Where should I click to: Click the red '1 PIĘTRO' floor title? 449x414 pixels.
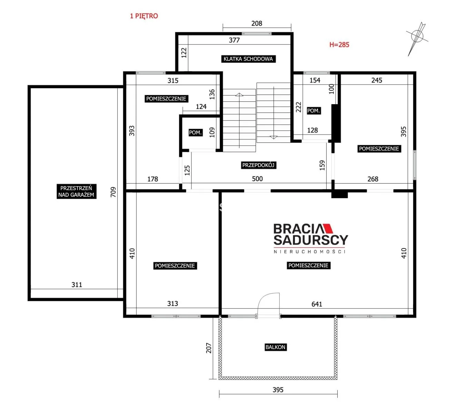[x=144, y=16]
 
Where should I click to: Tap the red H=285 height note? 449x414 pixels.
[x=339, y=45]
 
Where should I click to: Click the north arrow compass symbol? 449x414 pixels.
[x=417, y=39]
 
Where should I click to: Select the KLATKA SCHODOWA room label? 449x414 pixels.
[x=248, y=59]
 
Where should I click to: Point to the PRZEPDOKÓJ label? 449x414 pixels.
[x=258, y=165]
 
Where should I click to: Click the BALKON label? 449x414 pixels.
[x=275, y=347]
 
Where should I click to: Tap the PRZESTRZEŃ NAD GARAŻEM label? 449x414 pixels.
[x=76, y=191]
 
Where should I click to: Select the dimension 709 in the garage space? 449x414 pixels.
[x=113, y=192]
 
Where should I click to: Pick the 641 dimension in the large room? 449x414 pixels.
[x=317, y=304]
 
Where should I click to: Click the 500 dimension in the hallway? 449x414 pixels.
[x=257, y=179]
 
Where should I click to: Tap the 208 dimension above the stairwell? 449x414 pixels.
[x=257, y=23]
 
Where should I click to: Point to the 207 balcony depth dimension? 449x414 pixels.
[x=209, y=348]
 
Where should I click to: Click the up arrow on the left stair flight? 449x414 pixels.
[x=239, y=94]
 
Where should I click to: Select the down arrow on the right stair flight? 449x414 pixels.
[x=273, y=137]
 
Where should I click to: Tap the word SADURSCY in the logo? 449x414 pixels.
[x=311, y=240]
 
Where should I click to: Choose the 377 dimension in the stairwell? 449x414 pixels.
[x=234, y=40]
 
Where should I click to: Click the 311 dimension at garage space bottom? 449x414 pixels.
[x=77, y=285]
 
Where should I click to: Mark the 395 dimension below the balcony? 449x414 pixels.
[x=278, y=390]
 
